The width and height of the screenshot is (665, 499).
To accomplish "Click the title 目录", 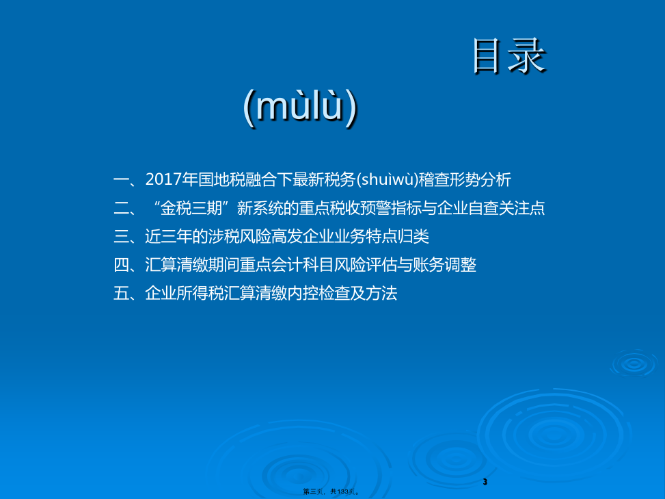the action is point(509,55).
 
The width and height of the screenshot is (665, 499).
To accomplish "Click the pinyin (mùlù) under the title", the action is point(301,106).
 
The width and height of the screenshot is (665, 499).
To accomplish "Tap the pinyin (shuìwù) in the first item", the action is point(387,179).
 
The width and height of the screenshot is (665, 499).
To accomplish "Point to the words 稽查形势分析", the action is point(465,179).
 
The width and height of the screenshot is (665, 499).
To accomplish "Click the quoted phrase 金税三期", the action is point(191,208).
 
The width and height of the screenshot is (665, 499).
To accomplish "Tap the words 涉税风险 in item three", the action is point(239,237).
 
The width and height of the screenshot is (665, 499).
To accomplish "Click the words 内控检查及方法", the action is point(342,294).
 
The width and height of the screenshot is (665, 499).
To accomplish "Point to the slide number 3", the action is point(485,482).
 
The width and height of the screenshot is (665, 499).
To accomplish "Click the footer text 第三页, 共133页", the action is point(331,491).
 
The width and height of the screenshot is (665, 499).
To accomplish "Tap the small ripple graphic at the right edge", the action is point(634,364).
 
